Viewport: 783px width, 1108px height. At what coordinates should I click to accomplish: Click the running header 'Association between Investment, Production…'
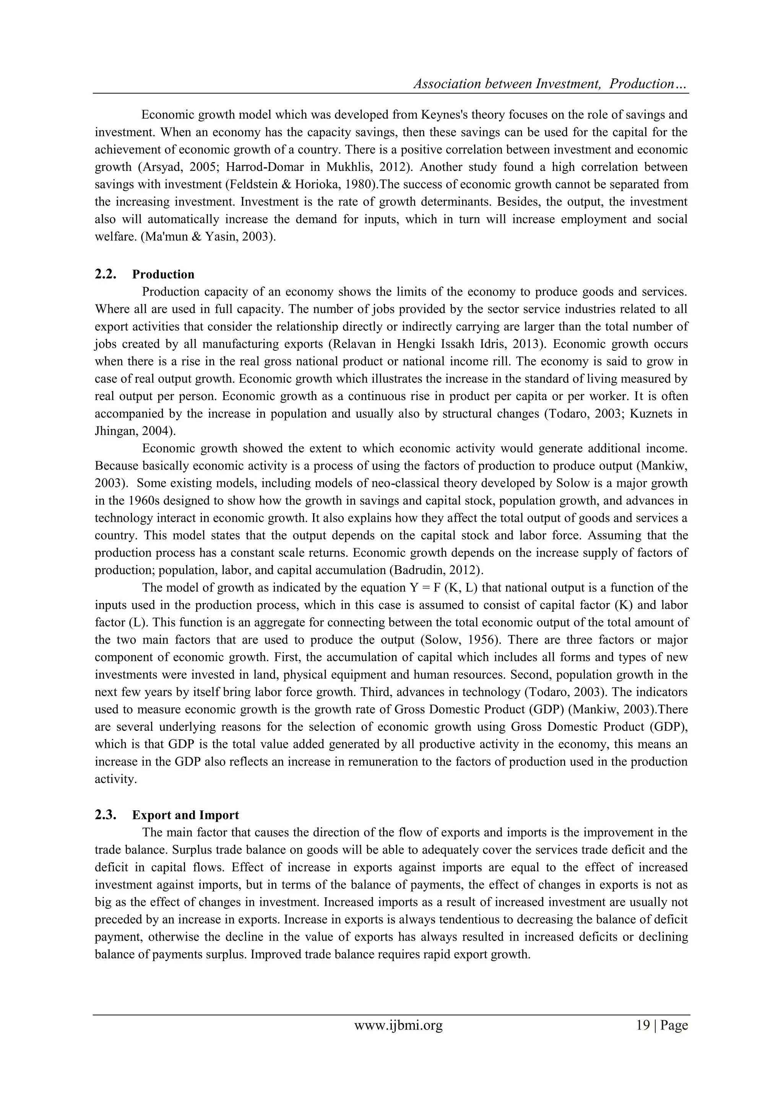[x=550, y=84]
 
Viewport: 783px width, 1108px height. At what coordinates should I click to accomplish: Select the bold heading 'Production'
[x=163, y=274]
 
